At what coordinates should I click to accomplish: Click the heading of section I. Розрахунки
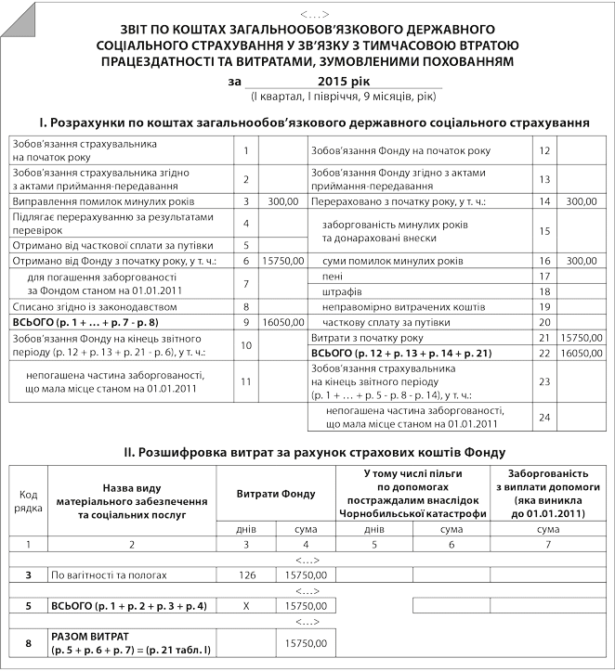(x=307, y=121)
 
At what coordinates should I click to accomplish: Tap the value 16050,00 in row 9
(x=283, y=321)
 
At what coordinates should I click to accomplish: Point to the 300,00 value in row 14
(x=582, y=200)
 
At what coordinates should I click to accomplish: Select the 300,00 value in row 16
(x=582, y=261)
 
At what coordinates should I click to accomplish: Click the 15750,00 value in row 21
(x=582, y=340)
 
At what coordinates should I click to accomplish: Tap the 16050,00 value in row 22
(x=582, y=355)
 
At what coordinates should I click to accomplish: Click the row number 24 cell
(x=544, y=417)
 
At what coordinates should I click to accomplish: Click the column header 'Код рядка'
(x=28, y=502)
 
